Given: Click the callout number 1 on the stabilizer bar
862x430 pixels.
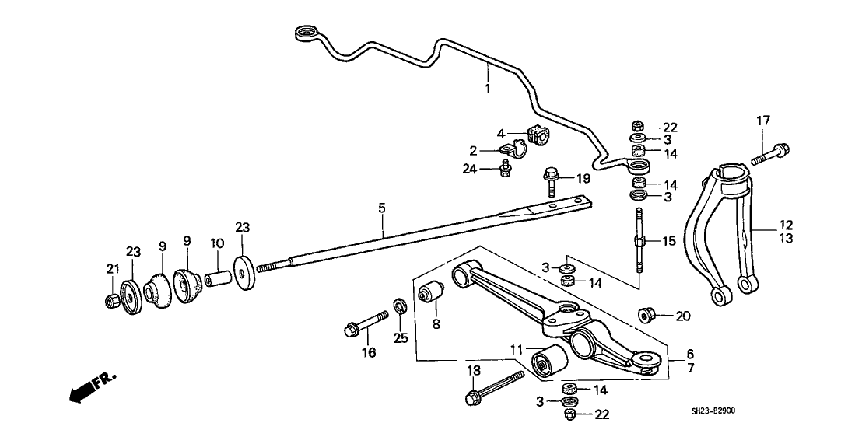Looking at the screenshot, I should point(488,89).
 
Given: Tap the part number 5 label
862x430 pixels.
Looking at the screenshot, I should point(382,208).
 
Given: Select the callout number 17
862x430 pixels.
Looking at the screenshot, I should point(763,121).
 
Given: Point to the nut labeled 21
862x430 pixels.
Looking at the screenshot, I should point(112,300).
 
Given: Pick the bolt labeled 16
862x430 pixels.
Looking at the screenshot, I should point(365,324).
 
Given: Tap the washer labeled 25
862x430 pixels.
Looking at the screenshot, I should point(398,306).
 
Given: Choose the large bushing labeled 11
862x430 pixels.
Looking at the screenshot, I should point(548,362).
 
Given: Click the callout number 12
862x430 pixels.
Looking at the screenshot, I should point(787,224).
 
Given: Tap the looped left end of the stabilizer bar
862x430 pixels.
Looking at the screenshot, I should point(306,33).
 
